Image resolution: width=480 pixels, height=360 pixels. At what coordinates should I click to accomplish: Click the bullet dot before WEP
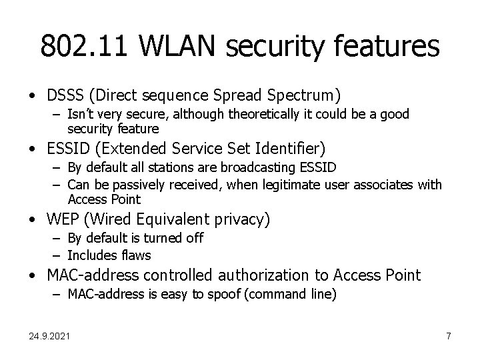point(33,219)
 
